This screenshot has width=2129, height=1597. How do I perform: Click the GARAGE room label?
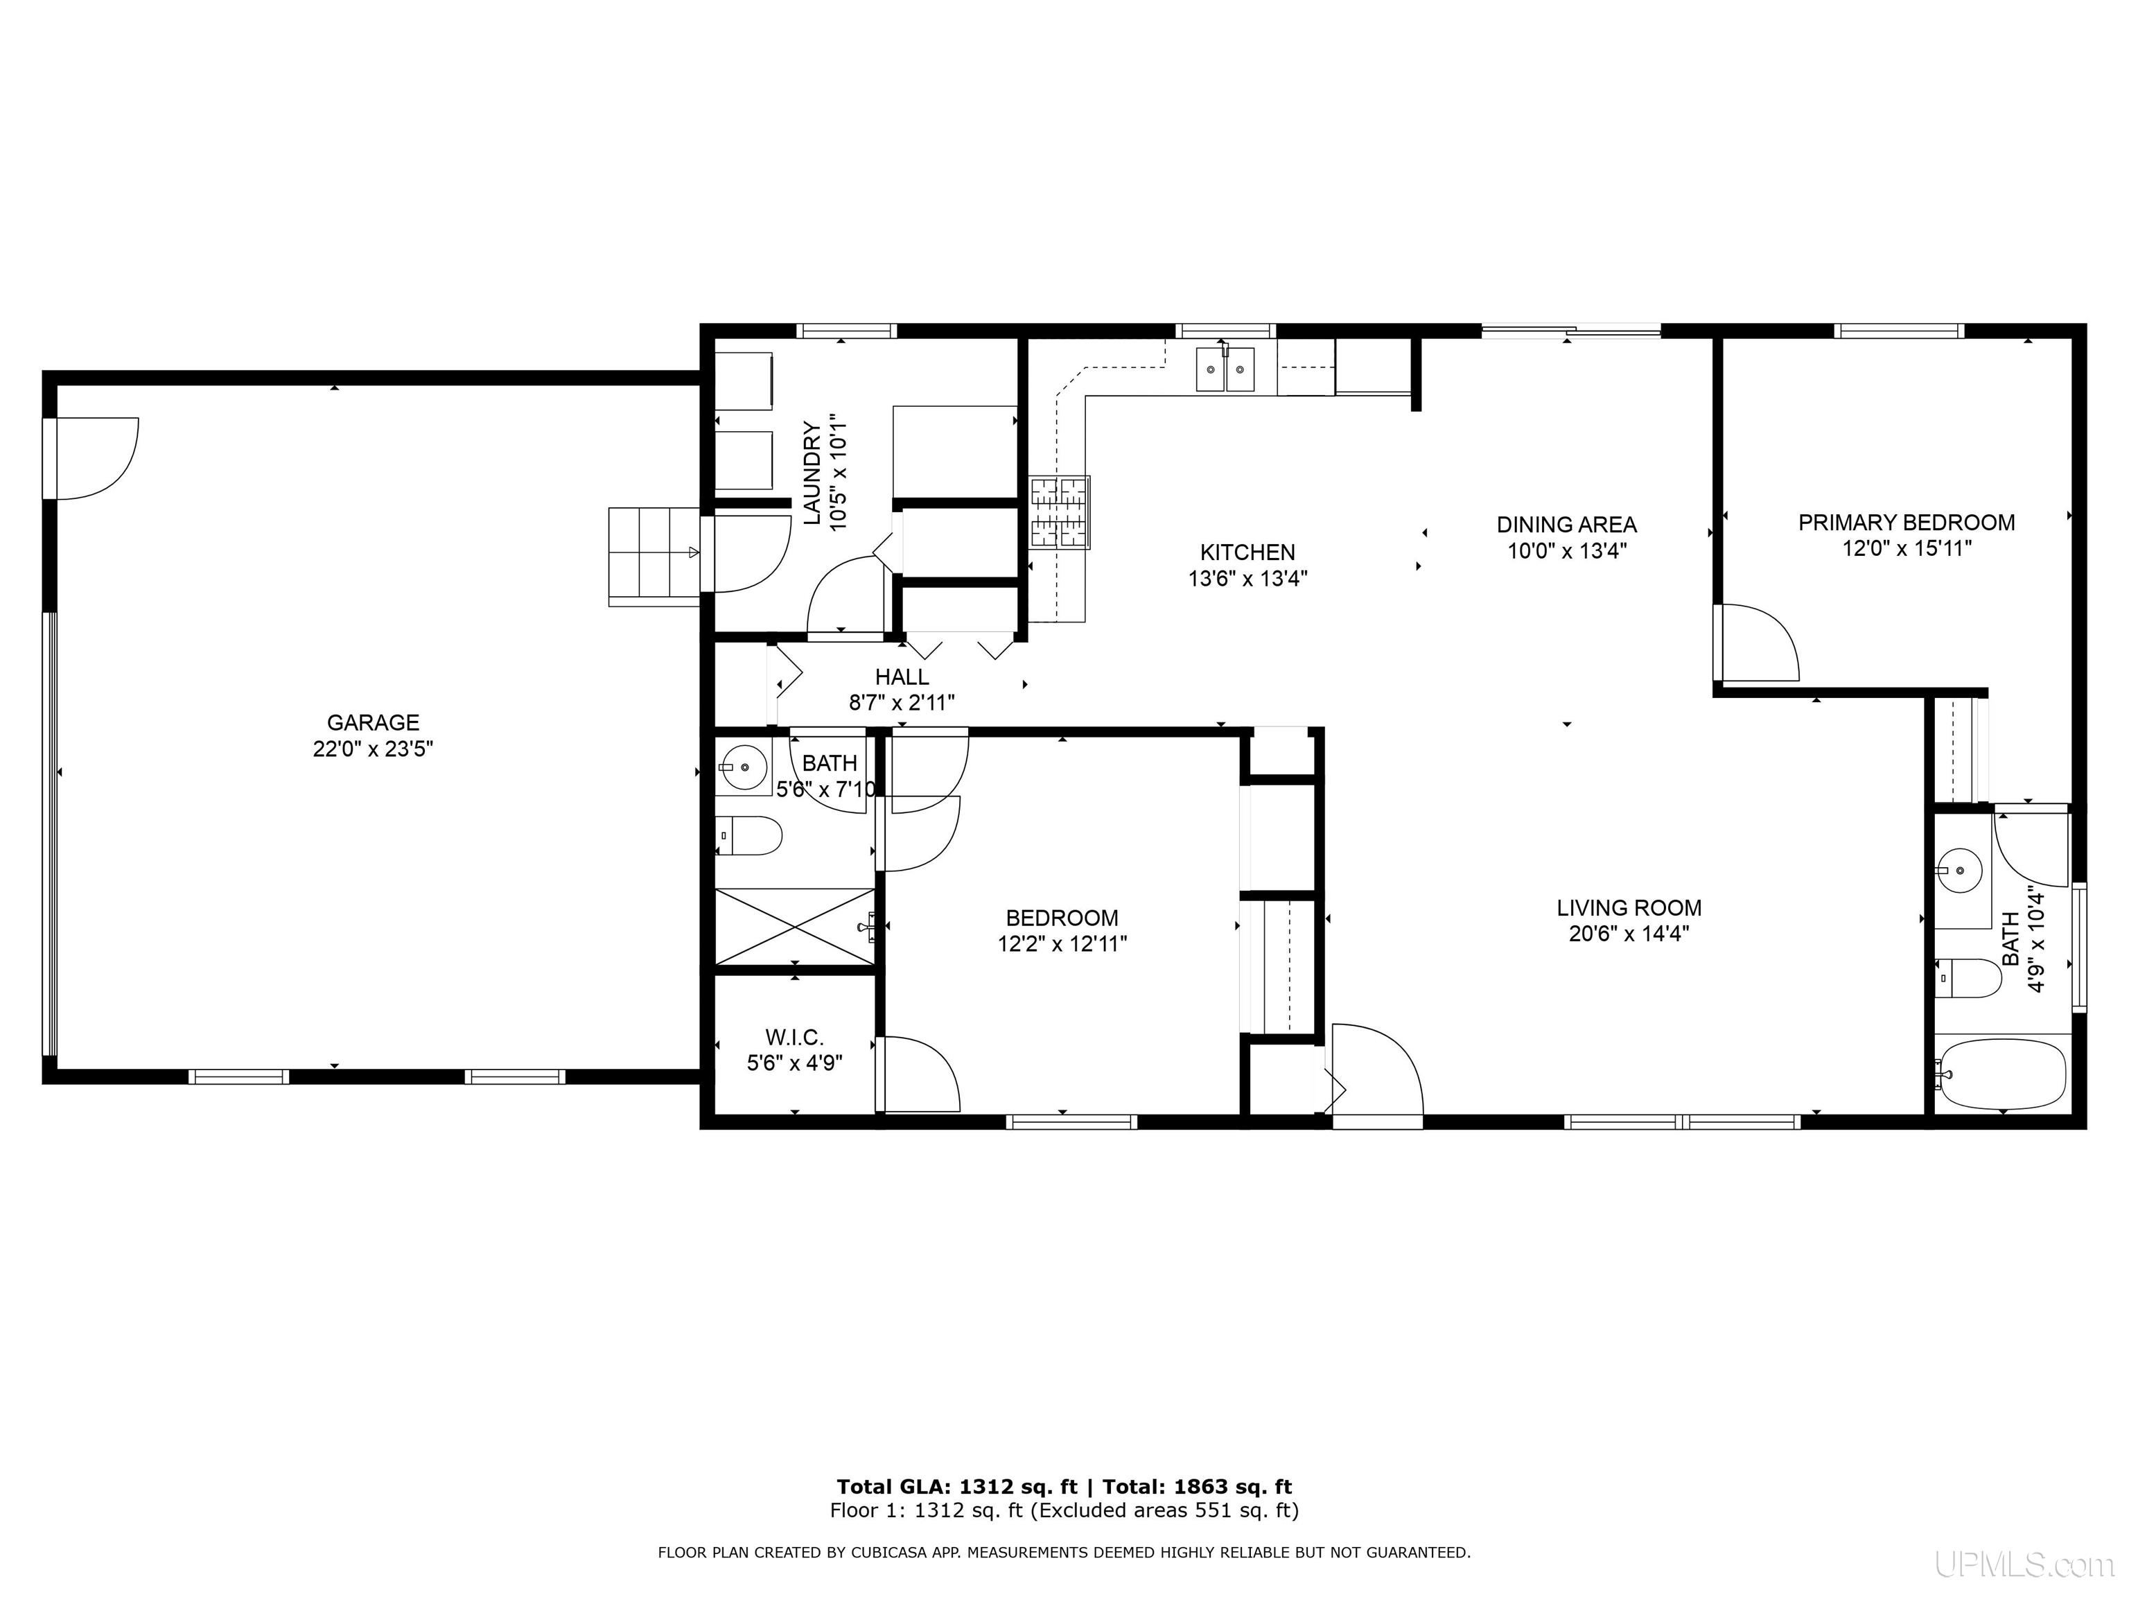coord(374,723)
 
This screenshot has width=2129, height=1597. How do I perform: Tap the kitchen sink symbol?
coord(1225,369)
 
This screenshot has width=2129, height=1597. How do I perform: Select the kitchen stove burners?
coord(1060,513)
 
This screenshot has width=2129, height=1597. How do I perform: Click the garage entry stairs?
coord(654,557)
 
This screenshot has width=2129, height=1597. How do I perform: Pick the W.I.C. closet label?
coord(794,1038)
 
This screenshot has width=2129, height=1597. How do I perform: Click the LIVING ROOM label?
coord(1629,908)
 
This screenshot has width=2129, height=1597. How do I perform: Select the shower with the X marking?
coord(795,926)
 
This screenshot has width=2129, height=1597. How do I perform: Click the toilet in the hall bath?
coord(750,835)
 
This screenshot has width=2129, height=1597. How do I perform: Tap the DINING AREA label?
coord(1567,525)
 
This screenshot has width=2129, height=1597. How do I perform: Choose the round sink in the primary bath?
coord(1959,872)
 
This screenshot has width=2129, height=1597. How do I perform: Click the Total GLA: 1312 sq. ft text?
coord(956,1487)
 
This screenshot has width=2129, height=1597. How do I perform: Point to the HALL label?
coord(902,677)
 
